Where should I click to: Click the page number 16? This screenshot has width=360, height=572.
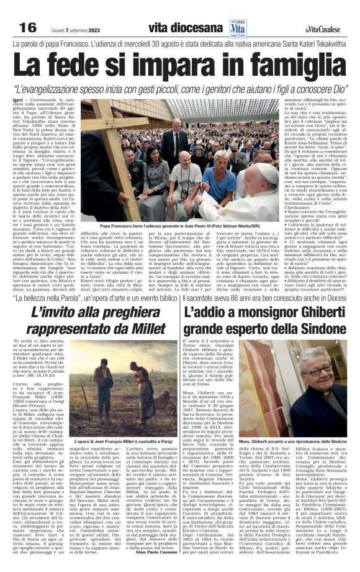[28, 27]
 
